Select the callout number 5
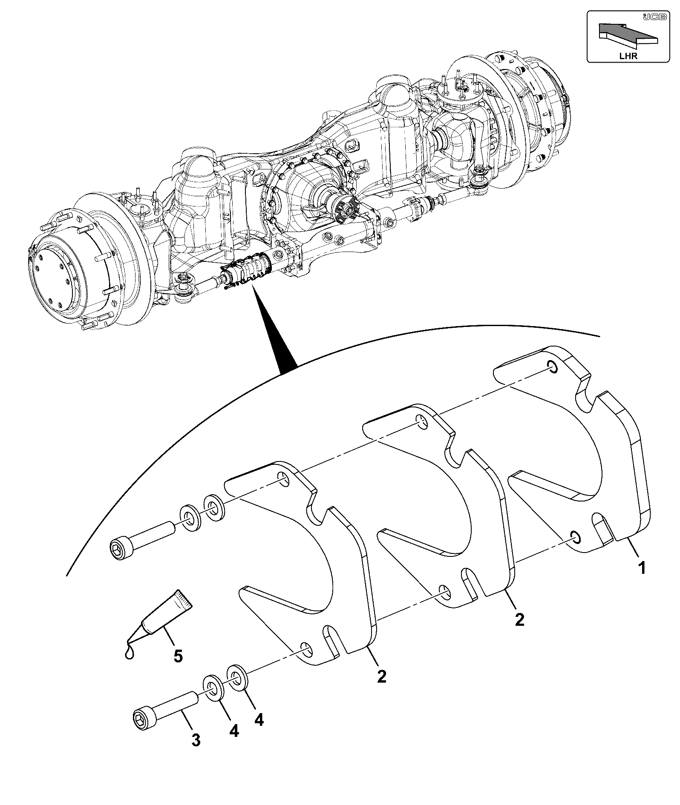coord(178,668)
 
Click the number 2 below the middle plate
coord(519,619)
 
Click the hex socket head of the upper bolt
coord(120,549)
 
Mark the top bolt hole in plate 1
coord(551,367)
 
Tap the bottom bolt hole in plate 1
coord(575,538)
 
